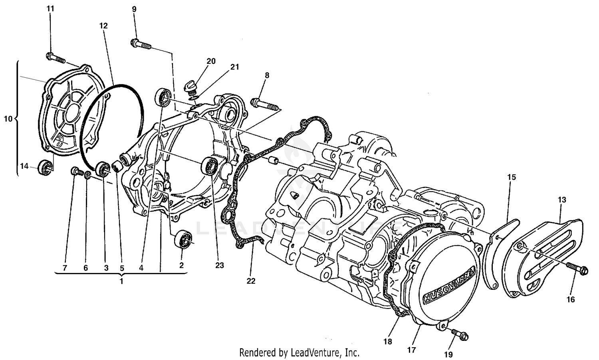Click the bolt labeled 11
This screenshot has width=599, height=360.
pos(56,57)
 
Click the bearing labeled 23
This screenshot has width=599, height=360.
pos(210,166)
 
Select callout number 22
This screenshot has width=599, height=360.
pos(250,281)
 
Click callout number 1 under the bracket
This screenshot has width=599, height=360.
pos(121,281)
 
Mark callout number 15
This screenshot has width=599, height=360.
pos(512,177)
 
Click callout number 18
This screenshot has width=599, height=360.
pos(388,342)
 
